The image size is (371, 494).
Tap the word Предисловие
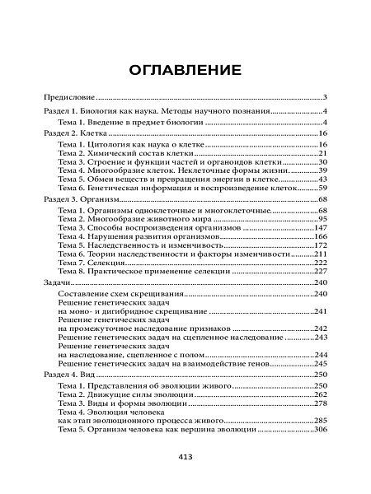(68, 96)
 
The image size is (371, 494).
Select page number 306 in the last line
(322, 431)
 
